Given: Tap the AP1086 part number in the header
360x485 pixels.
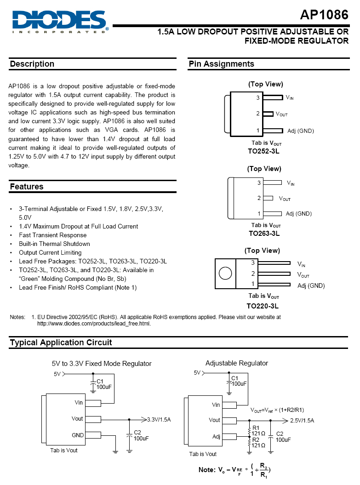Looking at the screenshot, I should pyautogui.click(x=324, y=15).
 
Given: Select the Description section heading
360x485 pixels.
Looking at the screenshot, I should pyautogui.click(x=32, y=64).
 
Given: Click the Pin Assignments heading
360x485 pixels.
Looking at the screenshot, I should pyautogui.click(x=221, y=64).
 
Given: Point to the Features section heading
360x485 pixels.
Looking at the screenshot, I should pyautogui.click(x=27, y=187).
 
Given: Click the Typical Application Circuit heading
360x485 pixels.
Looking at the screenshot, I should pyautogui.click(x=61, y=342).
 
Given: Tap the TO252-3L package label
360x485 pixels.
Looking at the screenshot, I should pyautogui.click(x=264, y=151).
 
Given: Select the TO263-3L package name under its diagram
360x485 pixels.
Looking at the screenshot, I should pyautogui.click(x=264, y=233).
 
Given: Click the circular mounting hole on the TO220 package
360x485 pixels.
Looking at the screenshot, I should pyautogui.click(x=225, y=274).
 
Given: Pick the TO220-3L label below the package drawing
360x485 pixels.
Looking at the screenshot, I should pyautogui.click(x=263, y=306).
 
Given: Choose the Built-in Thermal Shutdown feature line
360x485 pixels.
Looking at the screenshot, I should pyautogui.click(x=54, y=244).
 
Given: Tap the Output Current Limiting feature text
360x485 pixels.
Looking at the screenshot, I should pyautogui.click(x=50, y=252).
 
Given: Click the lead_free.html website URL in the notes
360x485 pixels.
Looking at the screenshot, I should pyautogui.click(x=94, y=323).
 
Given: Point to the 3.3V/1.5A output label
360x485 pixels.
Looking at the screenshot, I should pyautogui.click(x=159, y=419).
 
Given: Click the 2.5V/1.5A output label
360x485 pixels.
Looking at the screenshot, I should pyautogui.click(x=302, y=421).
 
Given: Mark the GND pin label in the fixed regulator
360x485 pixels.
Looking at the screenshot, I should pyautogui.click(x=78, y=435).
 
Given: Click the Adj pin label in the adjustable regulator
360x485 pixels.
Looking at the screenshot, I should pyautogui.click(x=216, y=436).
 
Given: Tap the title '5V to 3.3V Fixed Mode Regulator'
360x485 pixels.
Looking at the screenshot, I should pyautogui.click(x=102, y=364).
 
